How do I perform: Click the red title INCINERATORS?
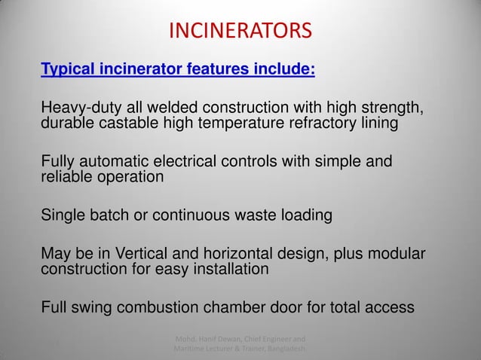point(239,31)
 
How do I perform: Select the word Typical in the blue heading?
point(67,70)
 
